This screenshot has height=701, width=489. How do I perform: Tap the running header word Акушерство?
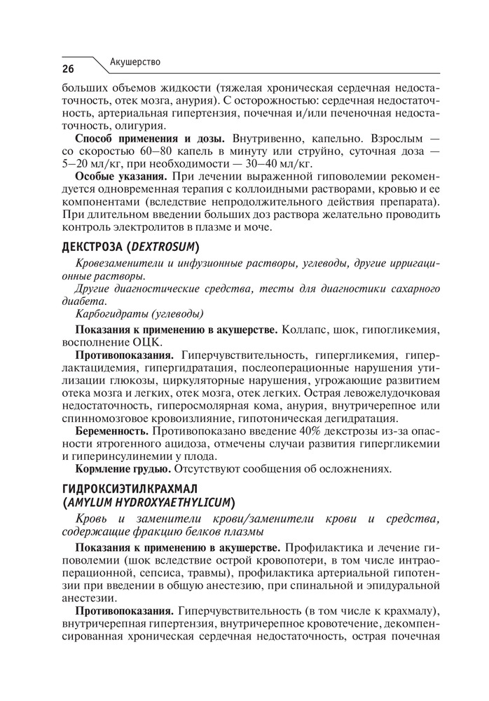click(135, 62)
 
